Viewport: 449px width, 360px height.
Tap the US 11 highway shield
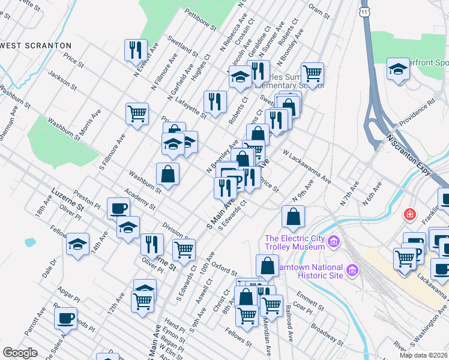coord(366,11)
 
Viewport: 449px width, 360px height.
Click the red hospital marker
coord(410,214)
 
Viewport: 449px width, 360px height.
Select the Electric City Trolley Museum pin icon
coord(334,242)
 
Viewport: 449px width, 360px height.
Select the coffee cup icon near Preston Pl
coord(118,208)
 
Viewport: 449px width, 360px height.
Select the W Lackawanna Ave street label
coord(307,167)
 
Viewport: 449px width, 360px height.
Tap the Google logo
coord(20,353)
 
